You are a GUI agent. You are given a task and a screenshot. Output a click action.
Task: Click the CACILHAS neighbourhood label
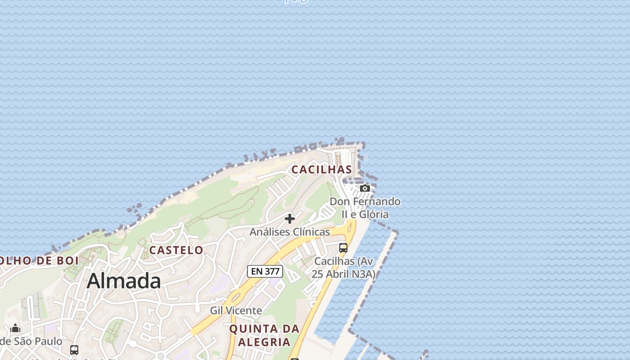click(x=322, y=170)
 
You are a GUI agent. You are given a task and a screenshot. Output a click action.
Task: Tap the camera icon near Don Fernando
click(x=365, y=188)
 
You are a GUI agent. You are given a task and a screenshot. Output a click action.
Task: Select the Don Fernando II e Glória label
click(x=365, y=207)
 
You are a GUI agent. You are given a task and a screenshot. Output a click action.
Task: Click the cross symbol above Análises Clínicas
click(x=290, y=219)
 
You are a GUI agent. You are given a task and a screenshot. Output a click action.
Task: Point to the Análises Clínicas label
click(x=290, y=232)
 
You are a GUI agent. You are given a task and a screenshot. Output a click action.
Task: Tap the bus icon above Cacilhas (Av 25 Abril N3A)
click(x=343, y=247)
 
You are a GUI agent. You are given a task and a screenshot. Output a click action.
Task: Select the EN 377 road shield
click(x=265, y=271)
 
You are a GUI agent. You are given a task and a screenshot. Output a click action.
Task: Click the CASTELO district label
click(x=176, y=250)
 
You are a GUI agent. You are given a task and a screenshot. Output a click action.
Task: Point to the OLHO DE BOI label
click(x=39, y=261)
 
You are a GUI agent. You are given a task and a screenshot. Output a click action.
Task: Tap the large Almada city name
click(x=124, y=281)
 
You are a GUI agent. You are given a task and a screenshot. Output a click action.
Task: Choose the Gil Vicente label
click(x=236, y=310)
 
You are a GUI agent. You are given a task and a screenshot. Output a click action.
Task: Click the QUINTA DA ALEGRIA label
click(x=264, y=335)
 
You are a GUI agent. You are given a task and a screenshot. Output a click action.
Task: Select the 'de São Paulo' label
click(x=31, y=341)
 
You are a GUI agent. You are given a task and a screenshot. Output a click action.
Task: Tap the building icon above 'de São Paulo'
click(x=15, y=328)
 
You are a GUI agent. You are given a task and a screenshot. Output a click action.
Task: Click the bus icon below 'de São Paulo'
click(x=74, y=350)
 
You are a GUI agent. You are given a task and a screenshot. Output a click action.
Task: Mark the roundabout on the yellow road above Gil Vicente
click(x=235, y=297)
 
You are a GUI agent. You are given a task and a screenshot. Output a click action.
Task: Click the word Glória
click(x=373, y=214)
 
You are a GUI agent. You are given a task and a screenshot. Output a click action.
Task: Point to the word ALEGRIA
click(x=264, y=342)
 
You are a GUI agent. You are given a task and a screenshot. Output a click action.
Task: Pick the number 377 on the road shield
click(x=272, y=271)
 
